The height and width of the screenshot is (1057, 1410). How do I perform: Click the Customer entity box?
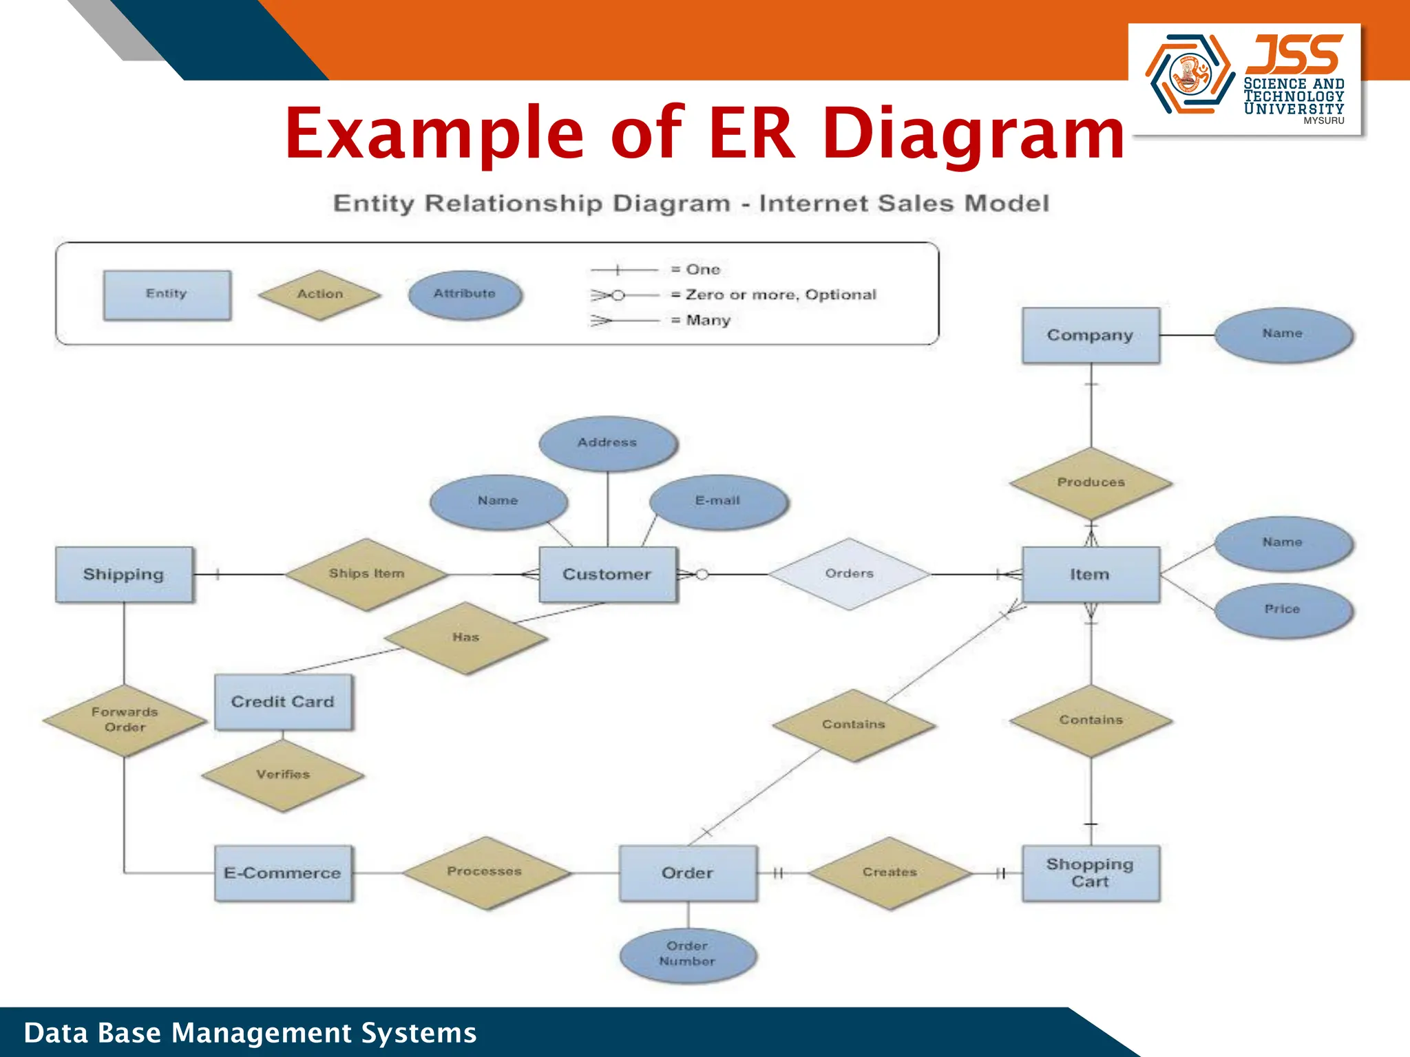point(607,575)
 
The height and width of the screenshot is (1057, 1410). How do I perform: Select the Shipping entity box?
point(124,575)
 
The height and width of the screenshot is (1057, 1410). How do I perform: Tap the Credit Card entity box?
point(283,702)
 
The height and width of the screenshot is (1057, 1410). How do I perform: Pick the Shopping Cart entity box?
point(1091,873)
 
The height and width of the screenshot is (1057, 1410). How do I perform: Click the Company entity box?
point(1091,335)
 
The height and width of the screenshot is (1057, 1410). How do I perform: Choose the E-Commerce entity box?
point(283,873)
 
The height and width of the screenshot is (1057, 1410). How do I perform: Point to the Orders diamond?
point(849,574)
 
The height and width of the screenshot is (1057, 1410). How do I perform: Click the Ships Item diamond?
point(366,574)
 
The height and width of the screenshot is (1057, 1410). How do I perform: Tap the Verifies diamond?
point(283,775)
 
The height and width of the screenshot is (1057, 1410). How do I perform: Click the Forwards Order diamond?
point(125,720)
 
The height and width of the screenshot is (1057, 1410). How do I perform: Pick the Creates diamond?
point(890,873)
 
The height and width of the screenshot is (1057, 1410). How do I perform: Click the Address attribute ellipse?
point(607,443)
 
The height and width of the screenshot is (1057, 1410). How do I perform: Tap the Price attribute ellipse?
point(1283,610)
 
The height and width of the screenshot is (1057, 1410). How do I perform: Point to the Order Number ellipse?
point(688,954)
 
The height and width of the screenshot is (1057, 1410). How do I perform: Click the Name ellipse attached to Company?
point(1283,334)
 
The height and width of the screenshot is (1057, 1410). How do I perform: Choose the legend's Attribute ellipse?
point(465,295)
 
